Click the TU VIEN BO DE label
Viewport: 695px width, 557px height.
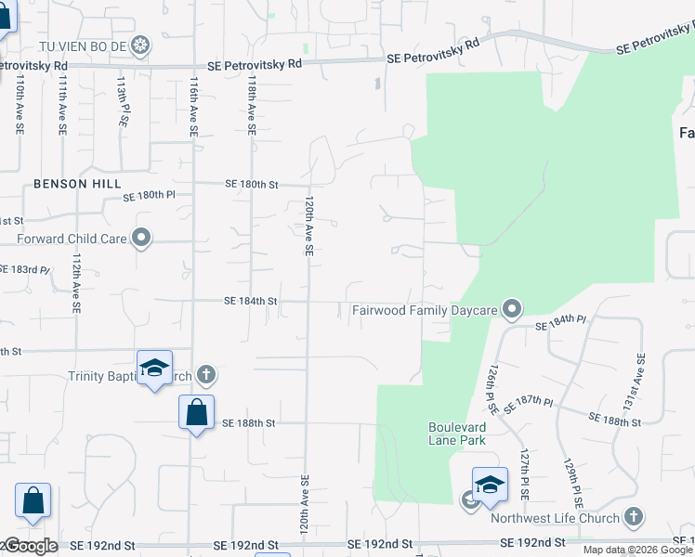(x=81, y=45)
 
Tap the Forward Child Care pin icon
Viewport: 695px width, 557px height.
(x=141, y=239)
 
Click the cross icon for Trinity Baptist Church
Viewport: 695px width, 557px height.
(x=206, y=375)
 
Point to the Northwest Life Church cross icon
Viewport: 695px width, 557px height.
(x=633, y=517)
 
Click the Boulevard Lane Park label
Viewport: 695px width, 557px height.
(x=458, y=434)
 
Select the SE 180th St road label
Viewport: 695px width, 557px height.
(x=251, y=185)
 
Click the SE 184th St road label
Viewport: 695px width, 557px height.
(x=251, y=301)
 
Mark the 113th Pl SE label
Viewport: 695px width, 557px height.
(x=122, y=103)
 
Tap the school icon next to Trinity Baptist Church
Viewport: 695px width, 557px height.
(x=154, y=369)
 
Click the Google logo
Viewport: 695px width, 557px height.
(x=31, y=546)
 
